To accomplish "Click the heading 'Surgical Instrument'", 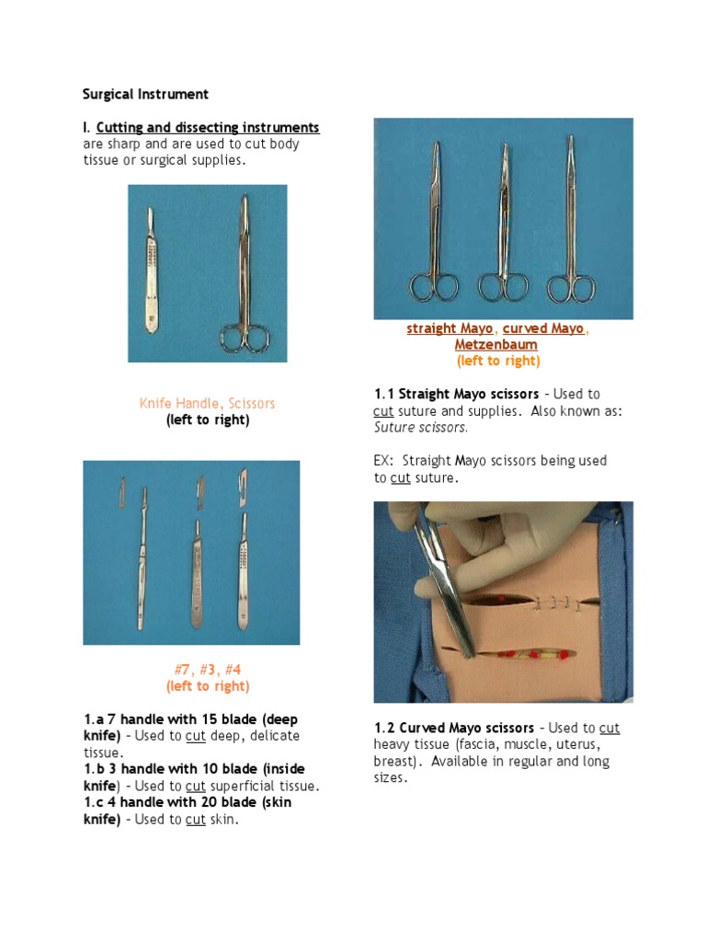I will point(145,94).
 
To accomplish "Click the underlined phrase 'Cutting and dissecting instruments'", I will point(208,127).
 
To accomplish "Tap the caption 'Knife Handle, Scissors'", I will point(207,403).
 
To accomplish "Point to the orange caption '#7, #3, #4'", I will point(207,669).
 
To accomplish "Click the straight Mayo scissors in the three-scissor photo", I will point(434,230).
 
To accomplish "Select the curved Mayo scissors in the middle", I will point(503,230).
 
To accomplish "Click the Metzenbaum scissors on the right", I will point(571,230).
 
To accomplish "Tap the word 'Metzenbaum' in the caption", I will point(496,345).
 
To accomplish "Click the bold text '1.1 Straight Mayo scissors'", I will point(456,394).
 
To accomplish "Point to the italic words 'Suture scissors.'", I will point(421,427).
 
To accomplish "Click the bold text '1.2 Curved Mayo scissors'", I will point(453,728).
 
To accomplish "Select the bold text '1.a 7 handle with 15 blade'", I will point(189,718).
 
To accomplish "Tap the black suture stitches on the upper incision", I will point(555,603).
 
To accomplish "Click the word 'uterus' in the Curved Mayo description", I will point(575,744).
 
